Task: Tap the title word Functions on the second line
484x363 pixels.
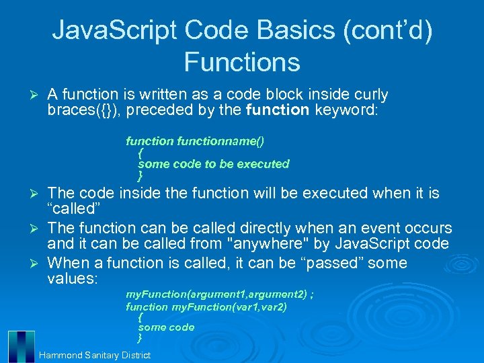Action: pyautogui.click(x=242, y=62)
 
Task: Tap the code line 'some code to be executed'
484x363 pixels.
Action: pyautogui.click(x=213, y=164)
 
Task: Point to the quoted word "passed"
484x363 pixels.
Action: pyautogui.click(x=327, y=262)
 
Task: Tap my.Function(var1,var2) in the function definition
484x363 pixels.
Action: pyautogui.click(x=229, y=307)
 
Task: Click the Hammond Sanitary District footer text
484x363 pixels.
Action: pyautogui.click(x=95, y=355)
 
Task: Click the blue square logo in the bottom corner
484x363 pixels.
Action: pyautogui.click(x=20, y=347)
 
